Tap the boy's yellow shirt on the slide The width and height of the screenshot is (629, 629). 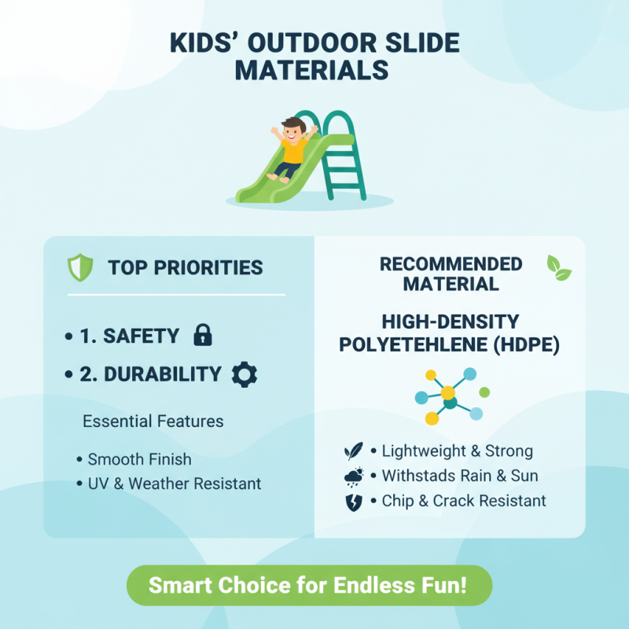click(x=292, y=151)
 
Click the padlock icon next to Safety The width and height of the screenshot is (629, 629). click(x=202, y=336)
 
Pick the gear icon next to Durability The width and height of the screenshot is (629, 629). click(x=244, y=374)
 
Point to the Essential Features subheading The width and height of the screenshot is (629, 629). click(x=153, y=421)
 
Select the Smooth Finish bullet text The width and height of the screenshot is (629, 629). click(x=139, y=459)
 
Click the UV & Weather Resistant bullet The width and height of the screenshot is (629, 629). click(x=174, y=483)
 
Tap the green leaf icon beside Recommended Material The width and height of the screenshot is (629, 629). click(x=559, y=268)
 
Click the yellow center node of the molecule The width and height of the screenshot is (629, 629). click(x=447, y=392)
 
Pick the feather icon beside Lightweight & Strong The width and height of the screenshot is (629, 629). click(x=353, y=451)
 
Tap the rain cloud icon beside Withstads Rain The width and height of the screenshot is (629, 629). click(x=354, y=476)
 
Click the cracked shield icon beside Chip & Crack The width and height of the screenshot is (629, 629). click(x=354, y=502)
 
